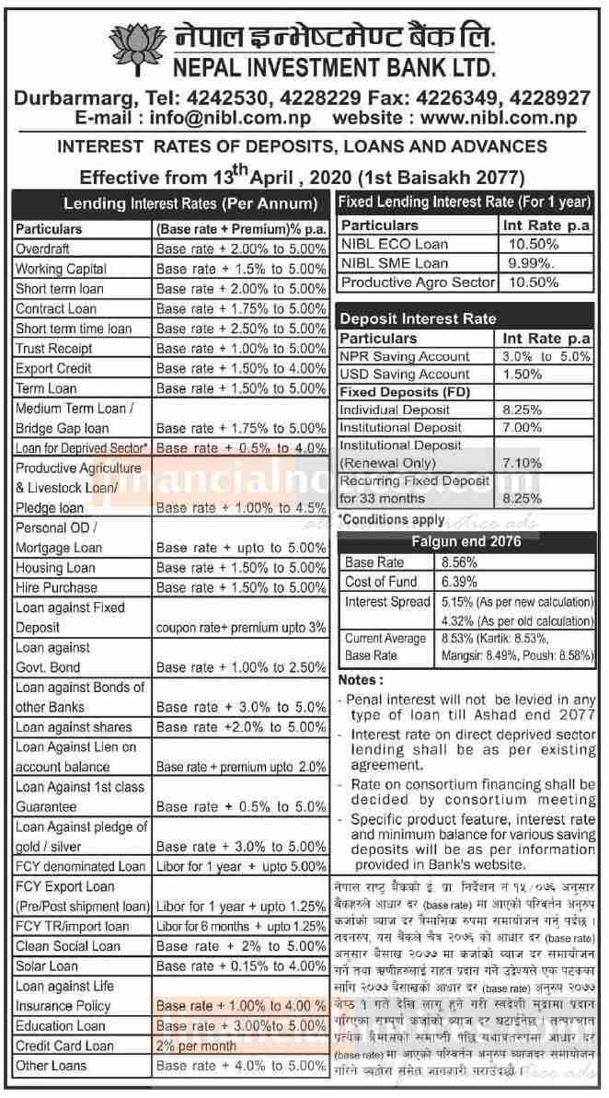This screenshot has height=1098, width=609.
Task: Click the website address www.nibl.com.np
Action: coord(500,118)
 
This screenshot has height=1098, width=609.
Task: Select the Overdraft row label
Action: coord(46,248)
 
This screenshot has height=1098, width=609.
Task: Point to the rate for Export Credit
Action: coord(241,368)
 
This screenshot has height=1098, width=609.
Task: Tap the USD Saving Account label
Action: coord(405,375)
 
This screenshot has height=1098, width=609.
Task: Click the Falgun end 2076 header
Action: coord(466,541)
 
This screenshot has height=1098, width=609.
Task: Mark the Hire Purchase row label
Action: coord(56,587)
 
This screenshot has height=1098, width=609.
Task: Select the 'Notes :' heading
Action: coord(362,680)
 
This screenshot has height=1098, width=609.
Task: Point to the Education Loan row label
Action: coord(61,1025)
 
